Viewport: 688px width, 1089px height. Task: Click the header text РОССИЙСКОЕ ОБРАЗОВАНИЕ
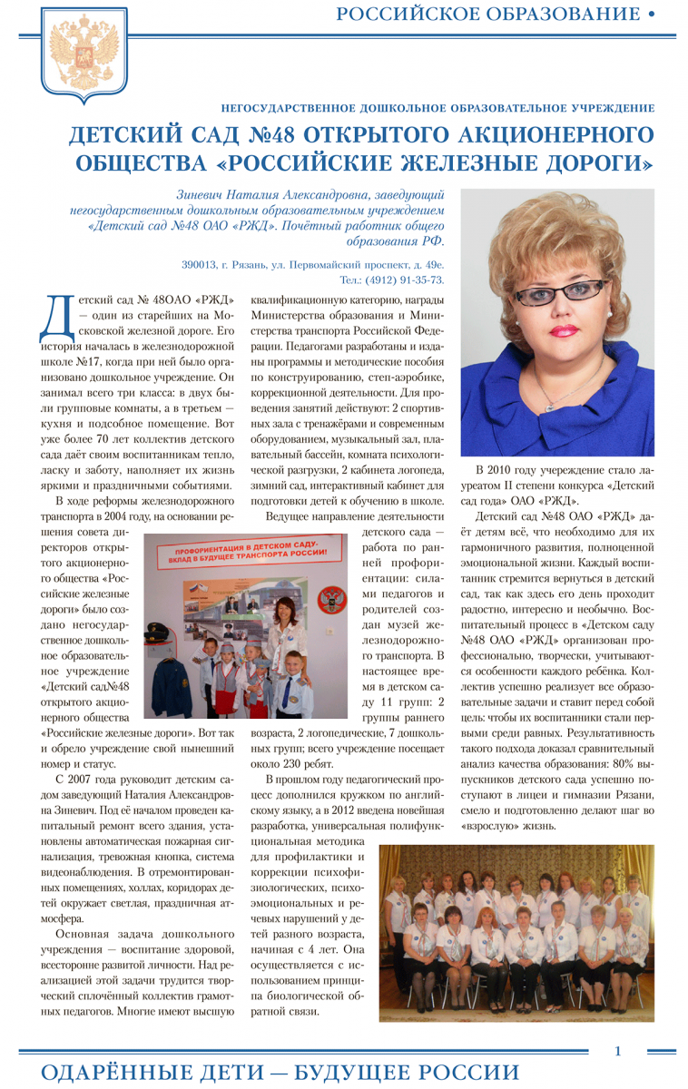pyautogui.click(x=487, y=14)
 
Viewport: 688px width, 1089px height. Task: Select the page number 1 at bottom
pyautogui.click(x=617, y=1051)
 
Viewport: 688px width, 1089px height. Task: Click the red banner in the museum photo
pyautogui.click(x=244, y=553)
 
